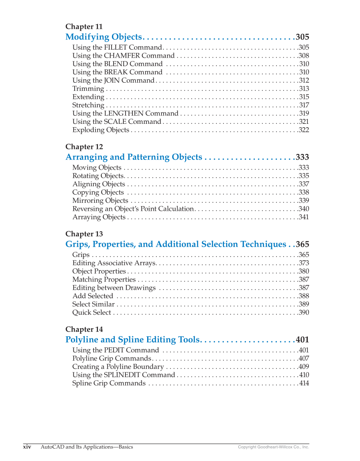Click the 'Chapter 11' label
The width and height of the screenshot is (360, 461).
(x=84, y=27)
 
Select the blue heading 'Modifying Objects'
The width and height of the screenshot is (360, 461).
(x=103, y=37)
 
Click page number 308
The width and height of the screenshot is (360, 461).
(x=304, y=56)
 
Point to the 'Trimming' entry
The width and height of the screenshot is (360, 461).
(x=88, y=89)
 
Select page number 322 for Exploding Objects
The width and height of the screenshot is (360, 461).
(x=304, y=130)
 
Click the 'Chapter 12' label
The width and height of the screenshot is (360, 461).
(x=84, y=147)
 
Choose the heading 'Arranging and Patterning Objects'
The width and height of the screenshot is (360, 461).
(x=134, y=157)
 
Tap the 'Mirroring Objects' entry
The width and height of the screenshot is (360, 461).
(x=100, y=201)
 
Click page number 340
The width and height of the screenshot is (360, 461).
(x=304, y=209)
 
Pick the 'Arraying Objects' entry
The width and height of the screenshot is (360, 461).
(x=99, y=217)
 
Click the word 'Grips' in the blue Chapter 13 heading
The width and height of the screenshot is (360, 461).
(x=77, y=244)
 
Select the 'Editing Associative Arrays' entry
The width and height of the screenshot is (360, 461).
(x=114, y=263)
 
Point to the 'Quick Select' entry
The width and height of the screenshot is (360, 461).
(x=92, y=313)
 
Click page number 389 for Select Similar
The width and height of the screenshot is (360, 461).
(x=304, y=304)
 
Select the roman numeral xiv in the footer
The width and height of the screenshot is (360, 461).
(x=27, y=447)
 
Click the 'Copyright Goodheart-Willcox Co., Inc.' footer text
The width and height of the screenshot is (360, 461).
(x=273, y=447)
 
